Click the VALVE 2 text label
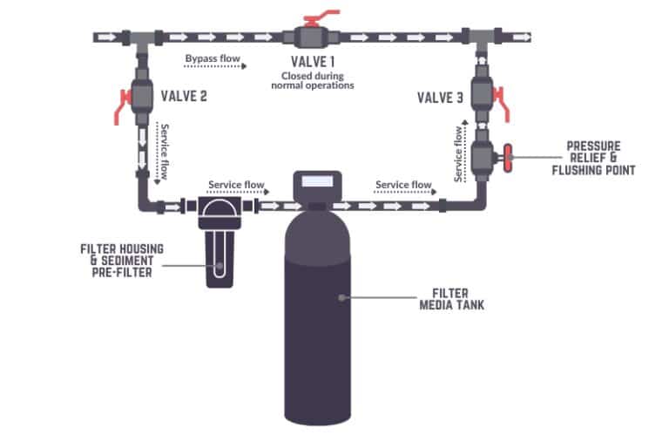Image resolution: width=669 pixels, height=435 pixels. pos(184,95)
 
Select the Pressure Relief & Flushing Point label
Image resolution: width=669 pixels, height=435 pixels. pos(595,157)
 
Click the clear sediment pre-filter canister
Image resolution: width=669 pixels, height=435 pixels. pos(217,258)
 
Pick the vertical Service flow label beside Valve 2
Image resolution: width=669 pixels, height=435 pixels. pos(162,151)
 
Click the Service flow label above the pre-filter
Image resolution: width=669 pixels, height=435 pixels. pos(236,185)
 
